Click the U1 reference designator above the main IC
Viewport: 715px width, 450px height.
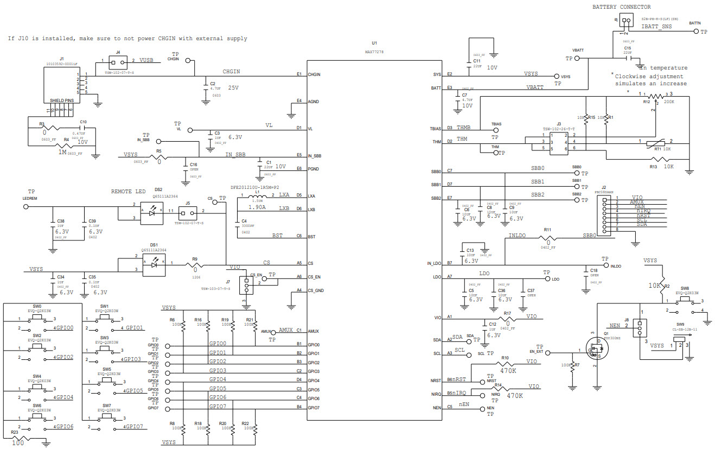pyautogui.click(x=374, y=42)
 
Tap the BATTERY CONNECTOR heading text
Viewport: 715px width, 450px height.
pyautogui.click(x=621, y=7)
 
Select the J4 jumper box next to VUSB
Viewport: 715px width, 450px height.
pyautogui.click(x=118, y=61)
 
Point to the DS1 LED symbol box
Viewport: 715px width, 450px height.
pyautogui.click(x=154, y=263)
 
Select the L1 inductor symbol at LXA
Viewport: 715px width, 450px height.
pyautogui.click(x=259, y=196)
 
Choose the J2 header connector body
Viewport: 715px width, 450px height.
pyautogui.click(x=604, y=214)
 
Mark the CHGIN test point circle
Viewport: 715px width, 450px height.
pyautogui.click(x=188, y=60)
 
